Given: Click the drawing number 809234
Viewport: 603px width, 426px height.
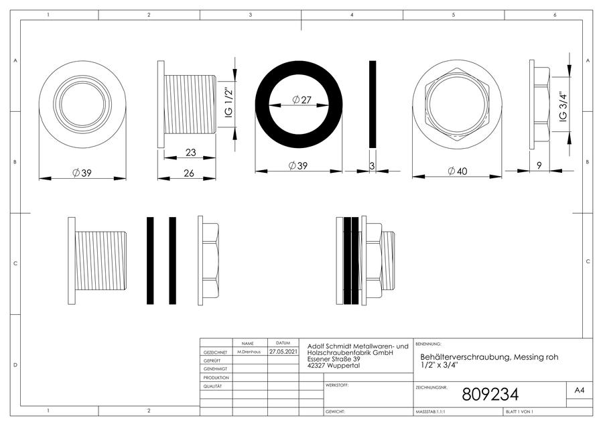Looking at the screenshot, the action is pos(490,394).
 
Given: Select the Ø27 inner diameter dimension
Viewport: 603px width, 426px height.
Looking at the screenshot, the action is pos(301,100).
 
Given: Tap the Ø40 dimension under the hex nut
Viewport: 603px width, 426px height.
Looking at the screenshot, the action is pos(458,171).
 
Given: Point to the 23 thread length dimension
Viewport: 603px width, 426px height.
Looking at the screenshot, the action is pos(191,153).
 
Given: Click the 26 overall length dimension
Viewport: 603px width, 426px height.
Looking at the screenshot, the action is pos(189,173).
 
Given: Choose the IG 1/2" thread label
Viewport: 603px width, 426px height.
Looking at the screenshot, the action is pos(228,103).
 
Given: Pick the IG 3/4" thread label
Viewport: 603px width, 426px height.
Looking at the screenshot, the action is pos(563,106).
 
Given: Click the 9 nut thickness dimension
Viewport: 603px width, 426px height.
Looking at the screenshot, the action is pos(539,165).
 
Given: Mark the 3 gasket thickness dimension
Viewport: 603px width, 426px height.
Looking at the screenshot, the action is pos(372,166).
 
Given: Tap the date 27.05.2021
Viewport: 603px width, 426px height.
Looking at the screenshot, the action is pos(283,352).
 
